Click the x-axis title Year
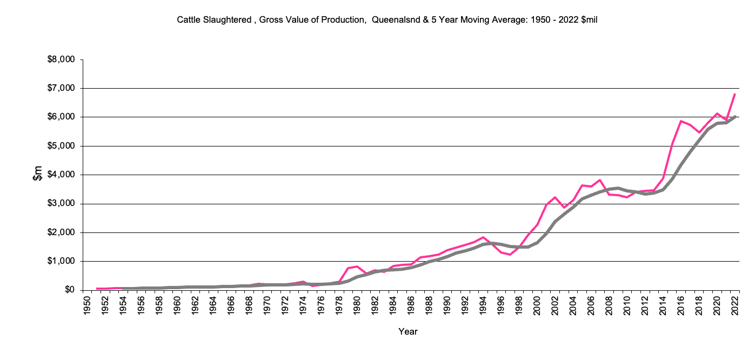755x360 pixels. point(407,331)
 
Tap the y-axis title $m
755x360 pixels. point(37,175)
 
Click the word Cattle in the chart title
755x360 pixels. point(188,20)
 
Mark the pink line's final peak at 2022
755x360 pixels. point(736,94)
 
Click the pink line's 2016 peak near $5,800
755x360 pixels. point(681,121)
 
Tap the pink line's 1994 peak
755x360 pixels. point(483,237)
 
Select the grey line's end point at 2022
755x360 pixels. point(736,116)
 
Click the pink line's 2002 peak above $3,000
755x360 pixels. point(555,197)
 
